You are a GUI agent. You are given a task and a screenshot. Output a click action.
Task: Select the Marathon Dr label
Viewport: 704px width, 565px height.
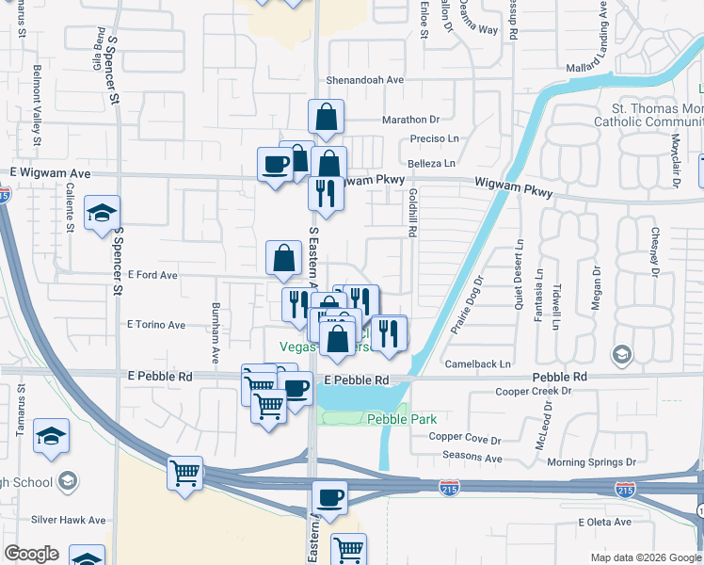410,120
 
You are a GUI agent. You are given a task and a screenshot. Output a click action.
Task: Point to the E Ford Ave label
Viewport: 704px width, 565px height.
152,275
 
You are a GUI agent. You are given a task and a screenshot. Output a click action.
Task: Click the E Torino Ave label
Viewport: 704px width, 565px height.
156,324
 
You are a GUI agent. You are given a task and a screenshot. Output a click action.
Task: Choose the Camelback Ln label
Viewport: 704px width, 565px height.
478,363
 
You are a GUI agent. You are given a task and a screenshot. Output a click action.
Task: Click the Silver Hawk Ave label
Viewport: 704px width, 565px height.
69,520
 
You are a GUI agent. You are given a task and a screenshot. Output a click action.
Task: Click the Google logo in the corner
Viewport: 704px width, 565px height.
31,554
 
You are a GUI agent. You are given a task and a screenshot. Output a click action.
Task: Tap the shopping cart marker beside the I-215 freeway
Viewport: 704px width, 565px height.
185,473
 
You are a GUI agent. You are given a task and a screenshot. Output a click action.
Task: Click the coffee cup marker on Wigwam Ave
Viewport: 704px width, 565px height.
276,165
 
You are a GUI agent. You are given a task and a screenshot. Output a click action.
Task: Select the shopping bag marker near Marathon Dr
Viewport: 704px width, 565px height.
326,117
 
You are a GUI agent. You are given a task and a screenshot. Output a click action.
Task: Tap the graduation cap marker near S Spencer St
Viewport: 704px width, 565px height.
102,213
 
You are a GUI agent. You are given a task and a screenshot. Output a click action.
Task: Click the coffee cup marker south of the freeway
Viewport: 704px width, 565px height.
329,497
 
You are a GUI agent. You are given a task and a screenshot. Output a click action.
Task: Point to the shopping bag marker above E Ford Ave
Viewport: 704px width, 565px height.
284,257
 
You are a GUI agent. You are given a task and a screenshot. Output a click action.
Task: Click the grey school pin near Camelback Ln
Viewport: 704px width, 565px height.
621,355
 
